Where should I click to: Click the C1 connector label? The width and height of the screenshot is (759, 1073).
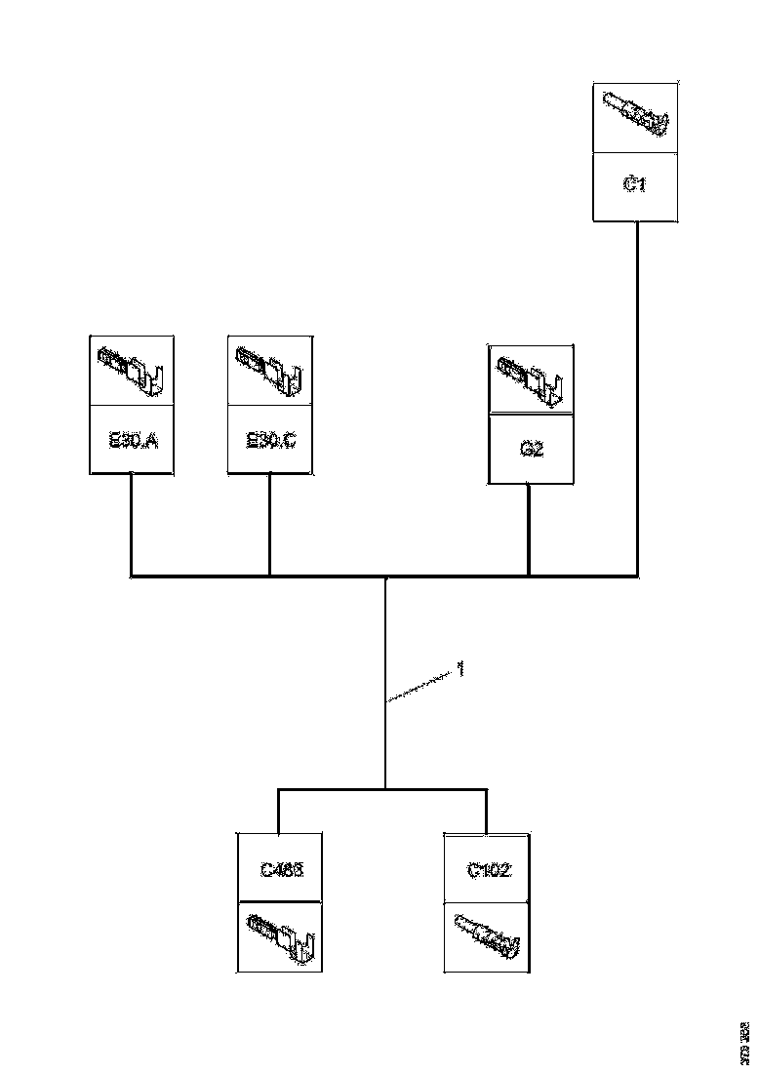634,184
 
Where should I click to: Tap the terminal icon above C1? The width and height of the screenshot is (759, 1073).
635,115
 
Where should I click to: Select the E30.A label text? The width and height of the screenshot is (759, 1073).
132,440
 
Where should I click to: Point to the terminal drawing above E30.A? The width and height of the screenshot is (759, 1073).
132,371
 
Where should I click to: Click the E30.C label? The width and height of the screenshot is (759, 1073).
270,440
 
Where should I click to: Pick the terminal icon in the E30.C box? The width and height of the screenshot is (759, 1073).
270,371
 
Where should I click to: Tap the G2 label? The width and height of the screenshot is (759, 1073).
531,450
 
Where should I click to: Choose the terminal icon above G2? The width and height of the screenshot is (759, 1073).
531,378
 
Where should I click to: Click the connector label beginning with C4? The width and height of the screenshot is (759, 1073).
281,868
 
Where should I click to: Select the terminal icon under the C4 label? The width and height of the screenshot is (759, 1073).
281,936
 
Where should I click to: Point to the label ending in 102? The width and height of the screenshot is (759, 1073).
487,868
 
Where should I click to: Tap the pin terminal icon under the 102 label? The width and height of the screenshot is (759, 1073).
487,936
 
